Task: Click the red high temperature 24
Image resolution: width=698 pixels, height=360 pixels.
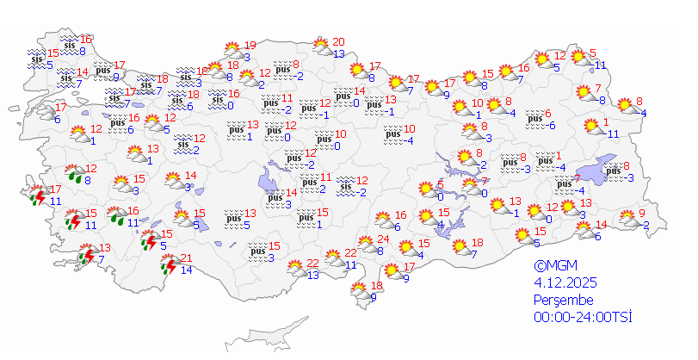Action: [385, 239]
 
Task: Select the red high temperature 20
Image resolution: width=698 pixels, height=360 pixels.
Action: [338, 41]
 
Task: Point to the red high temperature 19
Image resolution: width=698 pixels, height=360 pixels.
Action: [250, 46]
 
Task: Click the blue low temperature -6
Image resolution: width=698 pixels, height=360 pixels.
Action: [552, 126]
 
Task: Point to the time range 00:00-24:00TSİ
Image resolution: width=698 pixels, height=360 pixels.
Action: [583, 319]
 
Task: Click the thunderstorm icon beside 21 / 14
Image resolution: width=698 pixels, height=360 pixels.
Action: [168, 266]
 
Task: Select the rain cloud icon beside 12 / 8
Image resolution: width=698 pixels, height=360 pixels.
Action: [76, 176]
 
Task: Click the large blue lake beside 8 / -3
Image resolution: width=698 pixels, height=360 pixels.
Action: [596, 169]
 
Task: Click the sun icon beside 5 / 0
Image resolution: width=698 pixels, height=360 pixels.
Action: [424, 189]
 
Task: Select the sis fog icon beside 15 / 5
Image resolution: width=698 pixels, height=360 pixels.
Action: [36, 58]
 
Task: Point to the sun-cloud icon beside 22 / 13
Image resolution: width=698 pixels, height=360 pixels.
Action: [297, 267]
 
